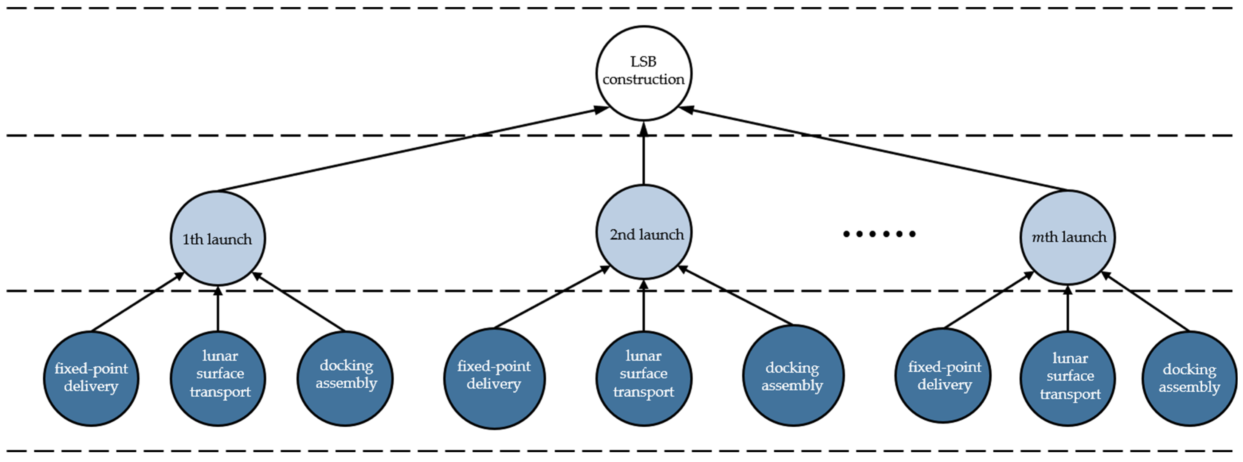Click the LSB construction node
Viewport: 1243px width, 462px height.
[643, 73]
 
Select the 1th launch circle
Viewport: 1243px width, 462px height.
[218, 239]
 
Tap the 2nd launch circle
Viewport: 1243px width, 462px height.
[644, 232]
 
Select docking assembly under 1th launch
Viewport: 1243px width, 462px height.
[345, 378]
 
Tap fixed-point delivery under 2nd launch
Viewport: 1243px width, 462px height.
[494, 378]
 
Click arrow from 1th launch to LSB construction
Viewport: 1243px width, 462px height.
[410, 150]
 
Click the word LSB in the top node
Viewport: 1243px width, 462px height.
[643, 62]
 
